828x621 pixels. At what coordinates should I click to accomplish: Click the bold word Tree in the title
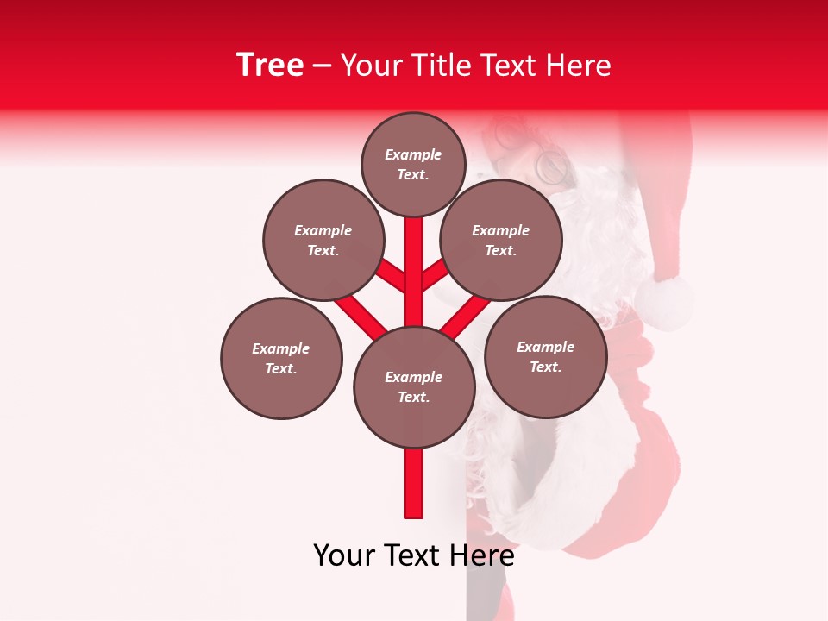click(x=270, y=66)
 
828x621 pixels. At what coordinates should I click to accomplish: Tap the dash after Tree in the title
click(x=322, y=66)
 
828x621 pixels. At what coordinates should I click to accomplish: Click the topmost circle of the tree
click(x=413, y=164)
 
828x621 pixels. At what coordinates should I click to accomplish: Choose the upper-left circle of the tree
click(x=323, y=240)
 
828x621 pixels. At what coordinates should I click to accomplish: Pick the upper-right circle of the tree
click(x=501, y=240)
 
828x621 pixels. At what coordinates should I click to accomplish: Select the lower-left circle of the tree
click(x=281, y=358)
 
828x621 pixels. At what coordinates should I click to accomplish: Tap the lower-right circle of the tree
click(x=545, y=356)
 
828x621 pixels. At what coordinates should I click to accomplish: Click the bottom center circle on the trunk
click(x=414, y=386)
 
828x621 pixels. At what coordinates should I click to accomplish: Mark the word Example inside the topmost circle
click(x=413, y=155)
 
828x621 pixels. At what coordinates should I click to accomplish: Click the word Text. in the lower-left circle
click(x=281, y=368)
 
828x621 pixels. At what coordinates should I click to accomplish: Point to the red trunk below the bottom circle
click(x=414, y=483)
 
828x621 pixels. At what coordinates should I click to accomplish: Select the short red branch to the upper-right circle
click(x=435, y=275)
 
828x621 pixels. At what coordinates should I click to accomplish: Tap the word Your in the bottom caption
click(x=342, y=555)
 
